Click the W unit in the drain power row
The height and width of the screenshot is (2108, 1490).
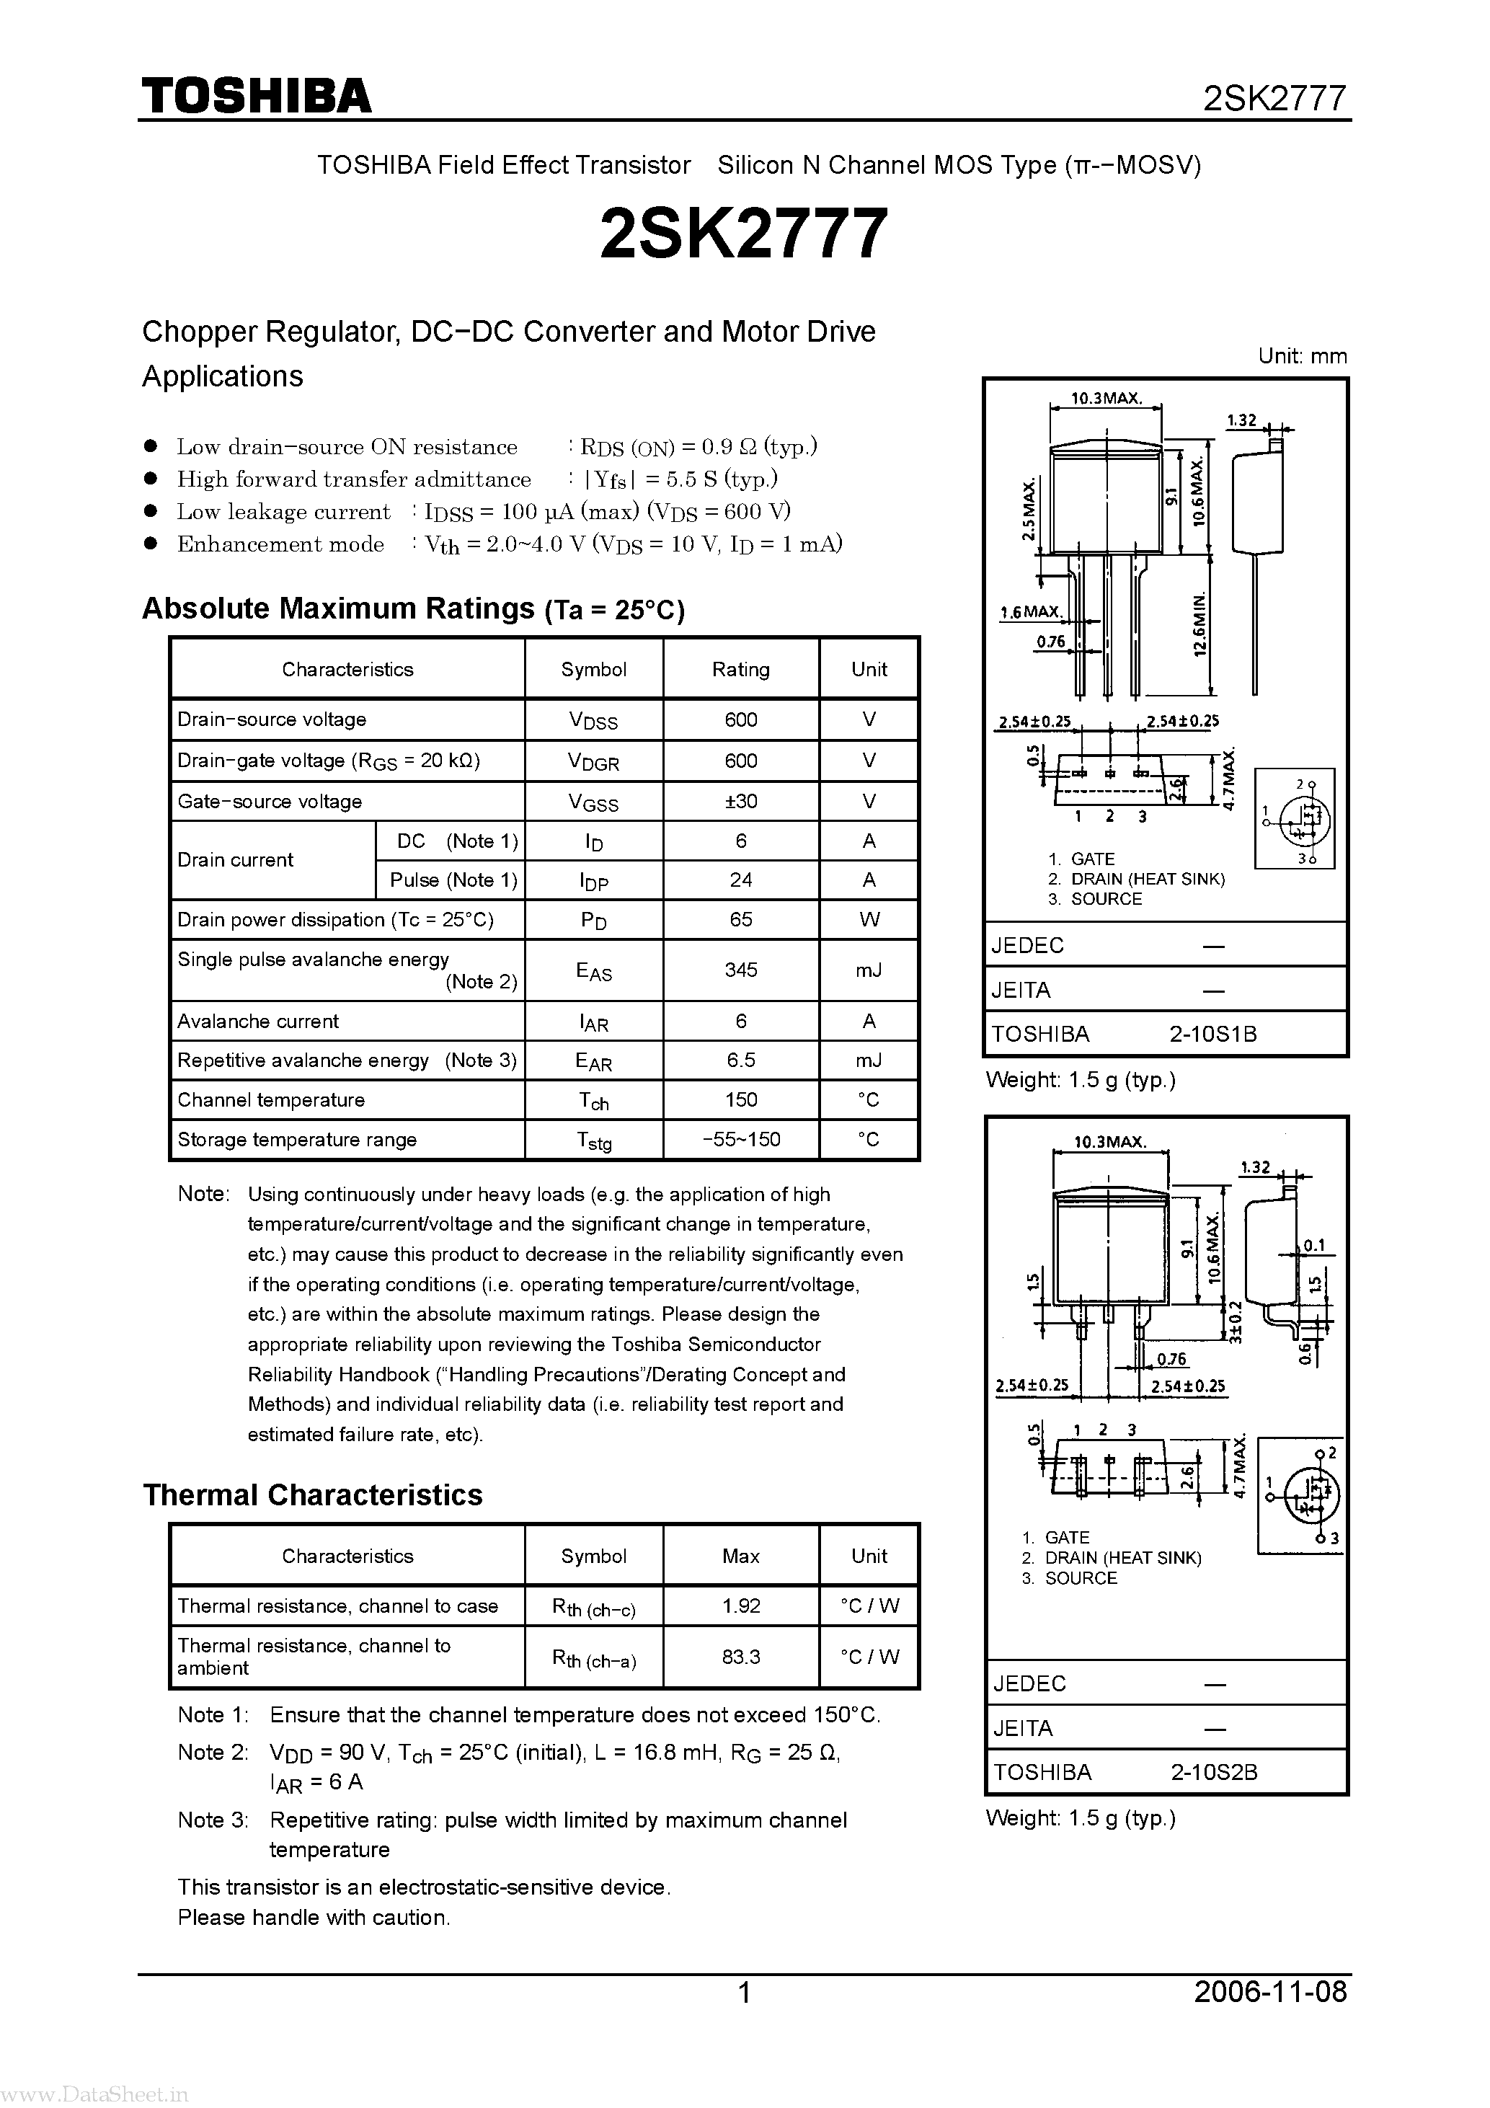(869, 919)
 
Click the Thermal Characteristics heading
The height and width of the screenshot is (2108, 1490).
(312, 1494)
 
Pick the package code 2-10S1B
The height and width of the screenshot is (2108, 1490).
(1212, 1034)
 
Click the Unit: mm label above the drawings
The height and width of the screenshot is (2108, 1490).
(1302, 356)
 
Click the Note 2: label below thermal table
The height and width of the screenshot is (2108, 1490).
(213, 1752)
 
